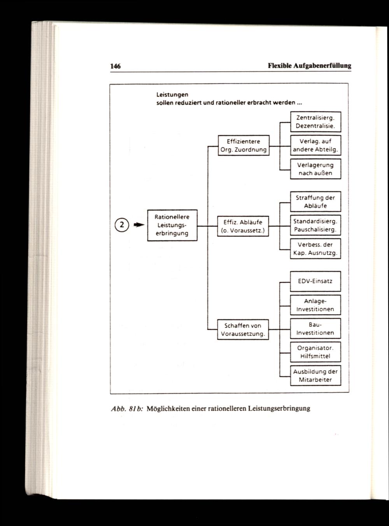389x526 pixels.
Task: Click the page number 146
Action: click(x=116, y=66)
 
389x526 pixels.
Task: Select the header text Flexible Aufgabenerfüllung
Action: click(x=309, y=66)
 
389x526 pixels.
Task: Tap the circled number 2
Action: click(x=122, y=225)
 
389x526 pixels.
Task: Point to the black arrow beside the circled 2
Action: click(x=138, y=225)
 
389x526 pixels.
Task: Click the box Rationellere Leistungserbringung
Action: click(x=172, y=225)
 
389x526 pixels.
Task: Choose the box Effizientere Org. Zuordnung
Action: click(x=244, y=146)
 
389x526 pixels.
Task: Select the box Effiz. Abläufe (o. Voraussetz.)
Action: click(x=243, y=226)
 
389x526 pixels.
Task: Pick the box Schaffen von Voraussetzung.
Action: click(x=243, y=330)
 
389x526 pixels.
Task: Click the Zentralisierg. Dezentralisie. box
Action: click(x=315, y=122)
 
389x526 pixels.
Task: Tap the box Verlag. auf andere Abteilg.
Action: click(x=315, y=146)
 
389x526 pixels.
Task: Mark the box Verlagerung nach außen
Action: click(x=315, y=169)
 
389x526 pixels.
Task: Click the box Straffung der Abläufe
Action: click(x=315, y=202)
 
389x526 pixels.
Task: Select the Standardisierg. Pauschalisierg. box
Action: click(x=315, y=225)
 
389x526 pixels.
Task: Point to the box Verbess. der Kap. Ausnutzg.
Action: click(x=315, y=249)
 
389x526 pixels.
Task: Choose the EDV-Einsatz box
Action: click(x=315, y=281)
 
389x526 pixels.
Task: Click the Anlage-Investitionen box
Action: click(x=315, y=305)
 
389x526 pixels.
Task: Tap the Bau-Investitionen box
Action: click(x=315, y=329)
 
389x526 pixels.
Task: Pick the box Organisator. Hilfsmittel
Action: click(x=315, y=352)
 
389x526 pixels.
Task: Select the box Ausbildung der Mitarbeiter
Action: click(x=315, y=375)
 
